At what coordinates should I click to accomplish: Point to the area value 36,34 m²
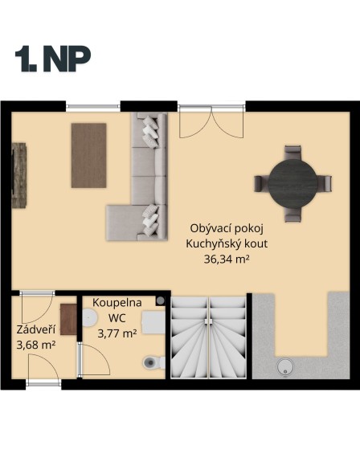(222, 259)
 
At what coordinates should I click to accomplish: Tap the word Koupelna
(117, 302)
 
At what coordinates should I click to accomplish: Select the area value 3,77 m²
(117, 332)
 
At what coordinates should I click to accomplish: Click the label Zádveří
(35, 329)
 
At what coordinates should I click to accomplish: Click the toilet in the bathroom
(150, 362)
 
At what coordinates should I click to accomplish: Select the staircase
(208, 337)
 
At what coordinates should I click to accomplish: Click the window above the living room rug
(88, 104)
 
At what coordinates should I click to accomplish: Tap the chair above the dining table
(292, 153)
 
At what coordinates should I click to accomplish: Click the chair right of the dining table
(324, 183)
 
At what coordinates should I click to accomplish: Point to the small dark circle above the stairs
(161, 300)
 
